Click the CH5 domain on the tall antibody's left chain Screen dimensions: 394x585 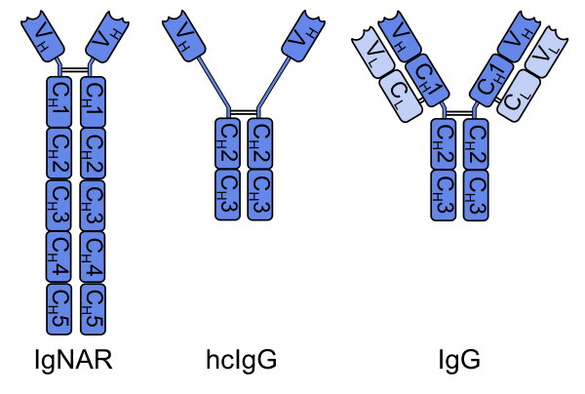point(59,309)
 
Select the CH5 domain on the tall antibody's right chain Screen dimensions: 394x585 point(93,309)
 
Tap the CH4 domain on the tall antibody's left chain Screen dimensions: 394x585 point(59,256)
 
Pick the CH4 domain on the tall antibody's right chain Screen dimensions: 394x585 point(93,256)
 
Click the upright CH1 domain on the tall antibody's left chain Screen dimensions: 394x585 point(59,101)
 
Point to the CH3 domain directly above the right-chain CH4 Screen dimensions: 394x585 point(93,205)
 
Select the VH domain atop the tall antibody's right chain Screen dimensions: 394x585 point(106,39)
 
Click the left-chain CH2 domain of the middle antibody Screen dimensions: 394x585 point(227,143)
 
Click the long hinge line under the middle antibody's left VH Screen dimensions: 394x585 point(214,83)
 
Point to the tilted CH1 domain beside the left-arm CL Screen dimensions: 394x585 point(426,79)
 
